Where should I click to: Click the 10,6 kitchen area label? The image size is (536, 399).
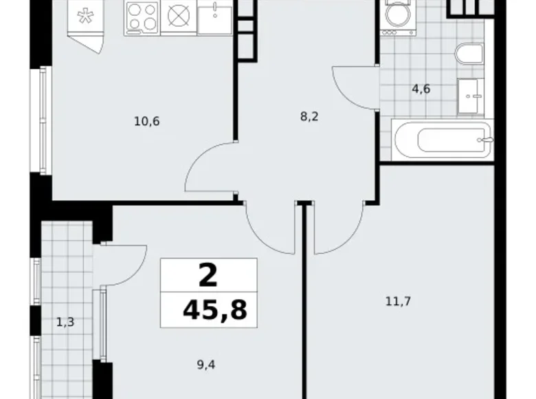click(x=147, y=122)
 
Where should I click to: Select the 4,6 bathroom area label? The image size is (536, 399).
click(x=421, y=88)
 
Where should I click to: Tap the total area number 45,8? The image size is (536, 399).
click(x=214, y=310)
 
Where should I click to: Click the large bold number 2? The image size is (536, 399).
click(x=208, y=276)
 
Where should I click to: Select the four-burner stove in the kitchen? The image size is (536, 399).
click(x=142, y=18)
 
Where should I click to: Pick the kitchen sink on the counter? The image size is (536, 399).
click(x=215, y=17)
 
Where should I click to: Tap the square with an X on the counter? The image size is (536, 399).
click(x=178, y=18)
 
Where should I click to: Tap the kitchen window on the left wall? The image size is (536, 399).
click(x=45, y=120)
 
